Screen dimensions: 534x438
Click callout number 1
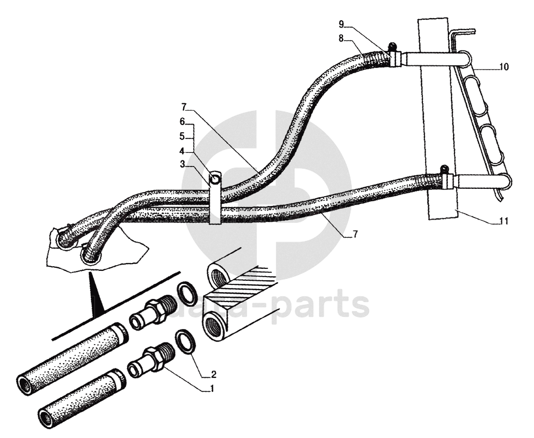(x=211, y=388)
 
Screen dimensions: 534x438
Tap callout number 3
(x=182, y=165)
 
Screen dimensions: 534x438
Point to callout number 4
(x=182, y=152)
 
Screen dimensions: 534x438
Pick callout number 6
(x=182, y=121)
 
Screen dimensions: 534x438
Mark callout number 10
(x=504, y=67)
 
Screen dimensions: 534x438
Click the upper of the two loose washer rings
(x=187, y=293)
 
